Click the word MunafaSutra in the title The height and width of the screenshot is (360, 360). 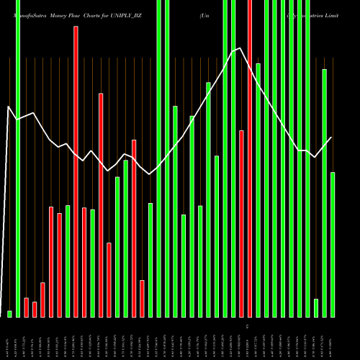pyautogui.click(x=27, y=14)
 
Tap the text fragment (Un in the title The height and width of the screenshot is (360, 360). pyautogui.click(x=205, y=14)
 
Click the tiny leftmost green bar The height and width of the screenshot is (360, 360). pyautogui.click(x=9, y=314)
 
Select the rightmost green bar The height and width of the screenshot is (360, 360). pyautogui.click(x=333, y=245)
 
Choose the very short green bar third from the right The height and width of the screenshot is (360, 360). pyautogui.click(x=316, y=308)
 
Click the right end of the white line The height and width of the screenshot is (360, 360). pyautogui.click(x=332, y=138)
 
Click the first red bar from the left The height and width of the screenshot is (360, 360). pyautogui.click(x=27, y=307)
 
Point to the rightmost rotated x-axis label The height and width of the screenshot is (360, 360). pyautogui.click(x=333, y=338)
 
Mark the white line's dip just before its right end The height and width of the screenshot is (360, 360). pyautogui.click(x=315, y=157)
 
